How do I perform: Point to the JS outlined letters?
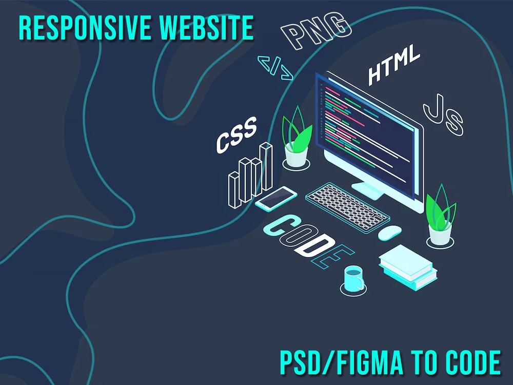pyautogui.click(x=443, y=114)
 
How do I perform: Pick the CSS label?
pyautogui.click(x=236, y=135)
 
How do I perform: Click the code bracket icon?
pyautogui.click(x=275, y=68)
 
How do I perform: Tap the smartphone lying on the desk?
pyautogui.click(x=276, y=198)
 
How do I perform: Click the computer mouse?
pyautogui.click(x=390, y=233)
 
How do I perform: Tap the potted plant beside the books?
pyautogui.click(x=440, y=216)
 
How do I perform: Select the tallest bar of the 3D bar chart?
pyautogui.click(x=266, y=167)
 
